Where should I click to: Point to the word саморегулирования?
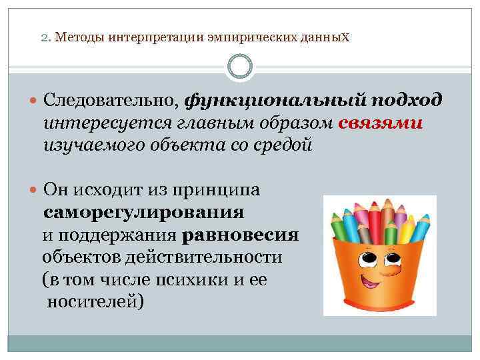144,213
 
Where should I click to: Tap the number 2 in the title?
44,38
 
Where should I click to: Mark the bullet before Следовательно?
34,101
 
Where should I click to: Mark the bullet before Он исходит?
34,191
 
